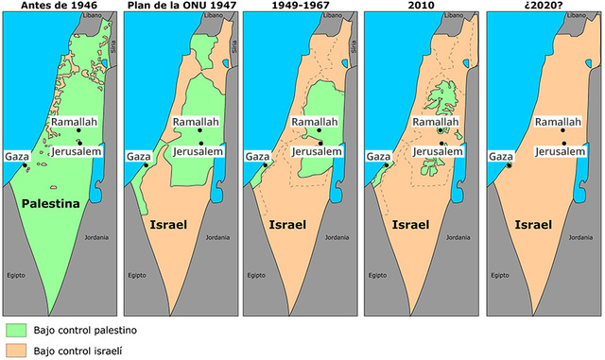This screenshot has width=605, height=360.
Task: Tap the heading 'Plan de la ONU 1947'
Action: tap(179, 6)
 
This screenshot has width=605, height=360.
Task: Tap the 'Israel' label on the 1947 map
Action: tap(172, 226)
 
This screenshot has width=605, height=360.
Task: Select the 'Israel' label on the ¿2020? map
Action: tap(535, 226)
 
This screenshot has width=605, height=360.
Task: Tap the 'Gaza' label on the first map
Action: tap(16, 156)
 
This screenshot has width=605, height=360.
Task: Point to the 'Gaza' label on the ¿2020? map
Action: tap(499, 156)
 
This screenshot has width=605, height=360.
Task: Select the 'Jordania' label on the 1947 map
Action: tap(220, 237)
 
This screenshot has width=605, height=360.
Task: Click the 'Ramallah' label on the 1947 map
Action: tap(196, 123)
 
